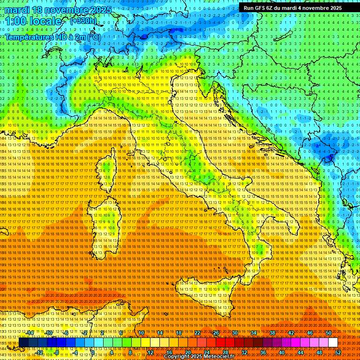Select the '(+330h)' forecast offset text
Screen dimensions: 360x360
[83, 21]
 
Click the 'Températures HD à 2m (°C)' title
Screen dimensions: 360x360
[53, 37]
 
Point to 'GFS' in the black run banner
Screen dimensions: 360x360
[262, 8]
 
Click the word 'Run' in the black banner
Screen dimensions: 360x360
[248, 8]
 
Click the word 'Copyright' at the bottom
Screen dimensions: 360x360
[177, 357]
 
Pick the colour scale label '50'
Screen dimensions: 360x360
[329, 333]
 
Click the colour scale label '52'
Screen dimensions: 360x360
[338, 352]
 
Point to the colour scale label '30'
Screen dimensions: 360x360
[235, 333]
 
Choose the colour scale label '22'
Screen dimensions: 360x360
[197, 333]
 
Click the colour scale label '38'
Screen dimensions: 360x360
[272, 333]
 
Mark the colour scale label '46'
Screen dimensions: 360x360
[310, 333]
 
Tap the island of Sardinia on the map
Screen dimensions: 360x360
[105, 225]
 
